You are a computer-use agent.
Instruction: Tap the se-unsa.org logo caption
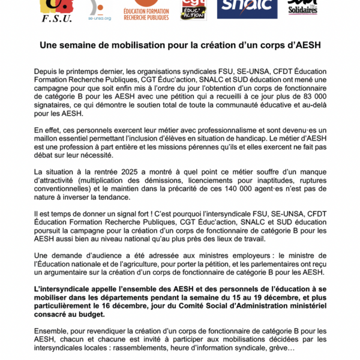tap(99, 17)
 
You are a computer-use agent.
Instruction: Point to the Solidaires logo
tap(302, 8)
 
